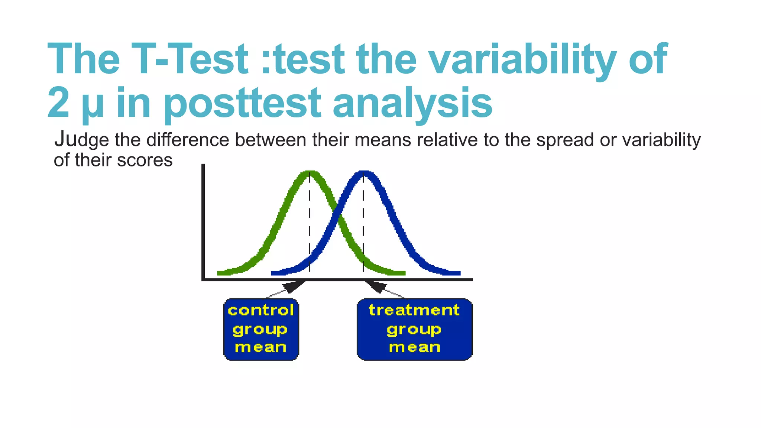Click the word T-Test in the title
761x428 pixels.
tap(190, 59)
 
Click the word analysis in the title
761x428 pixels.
tap(412, 103)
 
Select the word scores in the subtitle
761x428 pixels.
tap(145, 160)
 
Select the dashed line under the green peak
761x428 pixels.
tap(310, 223)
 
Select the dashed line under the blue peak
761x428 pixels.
tap(363, 223)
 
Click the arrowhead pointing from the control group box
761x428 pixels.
tap(294, 286)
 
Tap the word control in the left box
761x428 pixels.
tap(261, 310)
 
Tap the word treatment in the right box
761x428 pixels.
tap(414, 310)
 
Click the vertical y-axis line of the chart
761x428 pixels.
tap(203, 223)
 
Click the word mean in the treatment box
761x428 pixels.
tap(415, 347)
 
